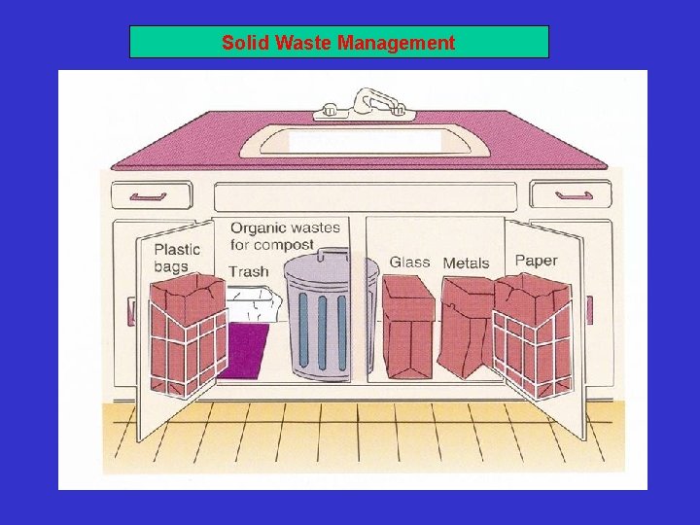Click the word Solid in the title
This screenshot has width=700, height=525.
(x=243, y=43)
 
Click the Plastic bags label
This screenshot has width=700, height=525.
(x=176, y=258)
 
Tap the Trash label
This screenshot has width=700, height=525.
(x=248, y=271)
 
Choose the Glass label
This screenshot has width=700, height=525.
(x=409, y=262)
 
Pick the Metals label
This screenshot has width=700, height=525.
(x=466, y=263)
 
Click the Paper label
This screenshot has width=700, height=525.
(x=536, y=261)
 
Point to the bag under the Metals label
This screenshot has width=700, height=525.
(x=467, y=326)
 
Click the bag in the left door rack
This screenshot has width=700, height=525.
(x=188, y=331)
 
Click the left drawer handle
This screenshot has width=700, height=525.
(x=148, y=195)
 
